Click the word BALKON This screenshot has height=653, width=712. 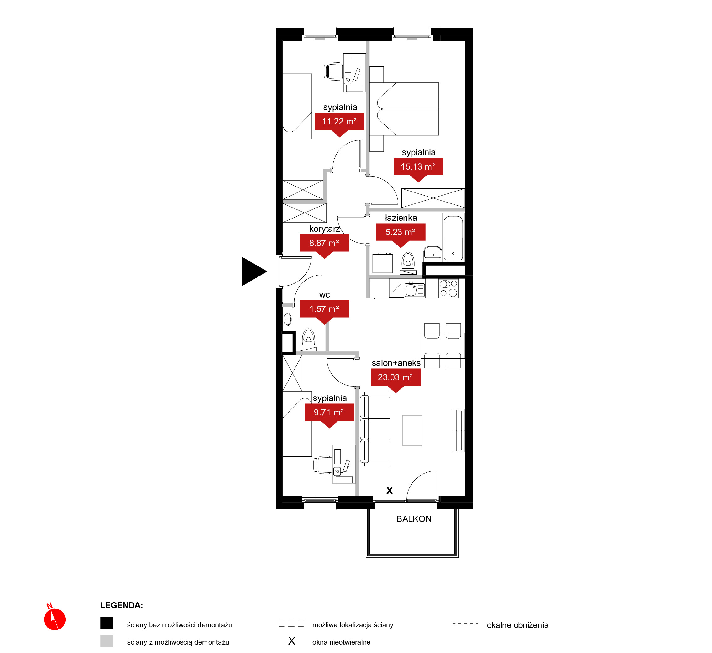pos(414,519)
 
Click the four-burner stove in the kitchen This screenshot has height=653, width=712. pos(448,288)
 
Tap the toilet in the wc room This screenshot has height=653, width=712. pos(309,340)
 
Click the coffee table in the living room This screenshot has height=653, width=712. pos(412,430)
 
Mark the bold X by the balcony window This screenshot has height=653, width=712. pos(390,491)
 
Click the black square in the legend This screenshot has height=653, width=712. pos(106,623)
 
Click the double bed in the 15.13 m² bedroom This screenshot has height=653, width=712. pos(404,109)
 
